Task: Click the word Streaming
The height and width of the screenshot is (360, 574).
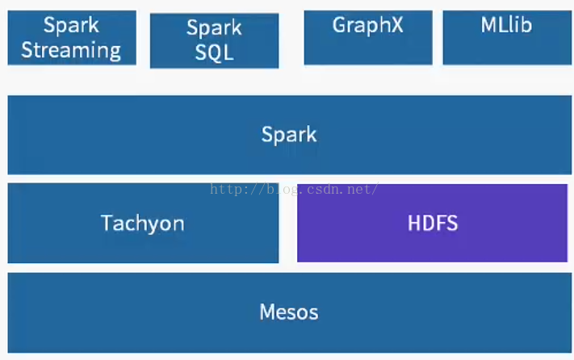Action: [71, 51]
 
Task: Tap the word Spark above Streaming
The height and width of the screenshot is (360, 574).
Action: [71, 26]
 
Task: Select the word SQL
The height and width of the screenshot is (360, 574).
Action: [215, 52]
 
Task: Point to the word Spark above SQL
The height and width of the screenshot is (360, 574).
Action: [214, 27]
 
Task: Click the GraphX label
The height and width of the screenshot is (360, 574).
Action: [368, 26]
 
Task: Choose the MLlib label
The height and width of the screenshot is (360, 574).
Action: [506, 25]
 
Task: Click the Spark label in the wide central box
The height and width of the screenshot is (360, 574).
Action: [289, 135]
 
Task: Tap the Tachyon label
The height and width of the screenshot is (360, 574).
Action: [143, 224]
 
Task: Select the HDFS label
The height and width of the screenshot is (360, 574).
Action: [433, 223]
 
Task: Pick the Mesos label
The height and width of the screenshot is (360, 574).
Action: [289, 312]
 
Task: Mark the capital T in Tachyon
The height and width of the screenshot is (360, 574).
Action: [107, 223]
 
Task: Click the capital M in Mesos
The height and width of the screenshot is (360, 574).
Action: [268, 312]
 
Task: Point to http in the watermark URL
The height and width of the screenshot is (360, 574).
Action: [224, 190]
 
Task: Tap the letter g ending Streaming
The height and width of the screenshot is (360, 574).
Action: [115, 52]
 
